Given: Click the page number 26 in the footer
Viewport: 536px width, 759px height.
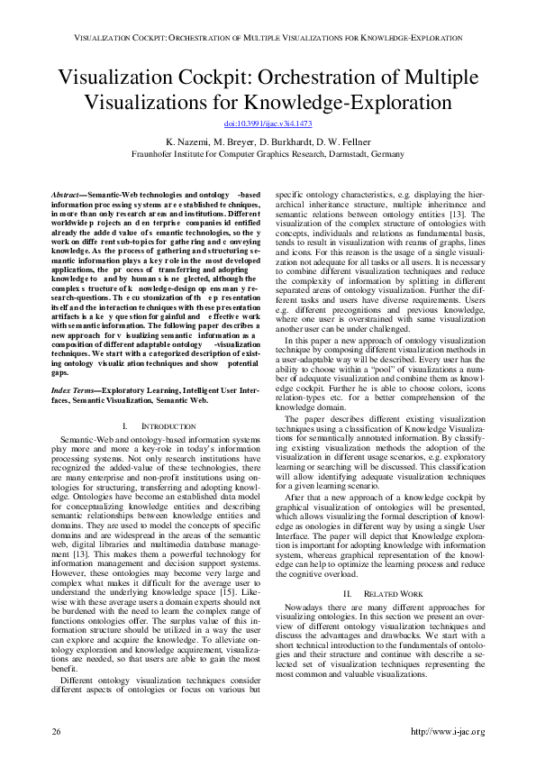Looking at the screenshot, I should (x=56, y=730).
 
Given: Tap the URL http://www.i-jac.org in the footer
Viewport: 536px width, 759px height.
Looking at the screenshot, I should (x=448, y=730).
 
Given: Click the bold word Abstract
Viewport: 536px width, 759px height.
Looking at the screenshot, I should (x=66, y=194).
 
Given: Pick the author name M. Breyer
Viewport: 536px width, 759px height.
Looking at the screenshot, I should (x=241, y=142).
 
